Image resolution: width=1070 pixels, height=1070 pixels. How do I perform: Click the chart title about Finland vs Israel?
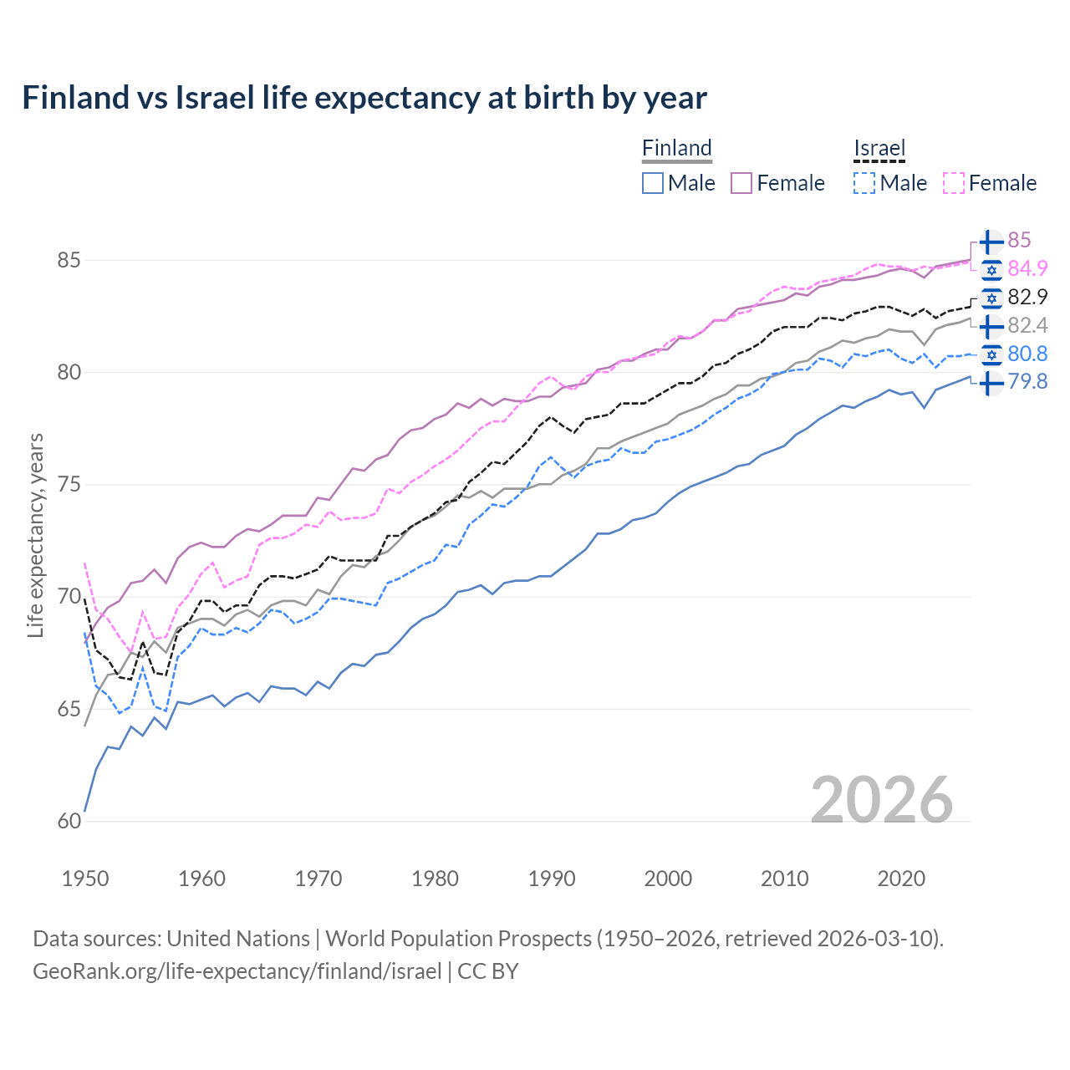click(364, 98)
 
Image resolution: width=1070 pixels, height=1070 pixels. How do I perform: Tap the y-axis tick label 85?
click(69, 261)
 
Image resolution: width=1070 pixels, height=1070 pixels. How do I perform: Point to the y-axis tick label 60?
click(69, 822)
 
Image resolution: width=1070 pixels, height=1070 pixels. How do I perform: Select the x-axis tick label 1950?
click(85, 879)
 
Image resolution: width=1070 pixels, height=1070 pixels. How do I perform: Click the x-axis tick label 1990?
click(552, 879)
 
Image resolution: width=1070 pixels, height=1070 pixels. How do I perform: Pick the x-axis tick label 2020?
click(901, 879)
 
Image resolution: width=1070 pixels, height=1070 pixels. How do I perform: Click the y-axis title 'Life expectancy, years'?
click(35, 535)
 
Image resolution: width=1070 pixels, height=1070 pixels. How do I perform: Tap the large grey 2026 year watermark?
click(881, 800)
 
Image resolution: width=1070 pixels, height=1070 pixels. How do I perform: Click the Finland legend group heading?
click(676, 148)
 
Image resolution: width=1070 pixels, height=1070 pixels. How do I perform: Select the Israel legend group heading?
click(879, 148)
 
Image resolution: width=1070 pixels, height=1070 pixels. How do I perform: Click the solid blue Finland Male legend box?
click(653, 183)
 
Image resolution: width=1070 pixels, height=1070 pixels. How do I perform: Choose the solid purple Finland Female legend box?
click(741, 183)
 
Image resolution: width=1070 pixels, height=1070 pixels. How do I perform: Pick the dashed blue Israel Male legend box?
click(864, 183)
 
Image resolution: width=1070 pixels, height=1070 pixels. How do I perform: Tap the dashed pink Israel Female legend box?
click(953, 183)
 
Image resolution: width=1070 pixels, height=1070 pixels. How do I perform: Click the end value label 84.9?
click(1027, 268)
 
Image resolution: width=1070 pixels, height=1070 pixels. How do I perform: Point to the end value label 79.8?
click(1027, 382)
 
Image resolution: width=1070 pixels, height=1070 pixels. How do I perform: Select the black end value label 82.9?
click(1027, 297)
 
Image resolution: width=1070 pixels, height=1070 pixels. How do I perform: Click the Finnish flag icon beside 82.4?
click(991, 325)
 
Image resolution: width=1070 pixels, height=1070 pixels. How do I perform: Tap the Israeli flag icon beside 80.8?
click(991, 354)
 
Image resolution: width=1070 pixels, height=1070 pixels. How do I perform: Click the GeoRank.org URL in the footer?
click(237, 971)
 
